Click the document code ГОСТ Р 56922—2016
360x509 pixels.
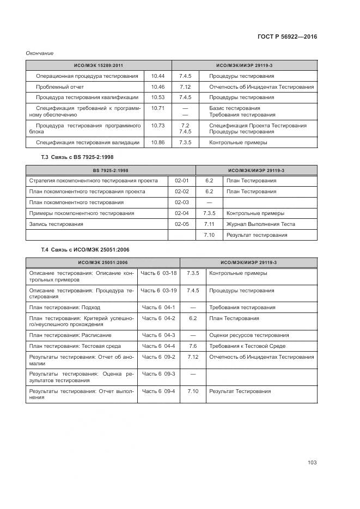coord(287,36)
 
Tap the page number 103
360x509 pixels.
coord(312,463)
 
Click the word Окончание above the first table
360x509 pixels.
coord(40,53)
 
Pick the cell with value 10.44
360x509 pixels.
coord(158,76)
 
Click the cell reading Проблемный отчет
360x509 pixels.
coord(60,87)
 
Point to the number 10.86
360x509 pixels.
coord(158,143)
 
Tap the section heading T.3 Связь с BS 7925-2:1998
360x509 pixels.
coord(77,157)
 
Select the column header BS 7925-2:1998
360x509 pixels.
coord(111,170)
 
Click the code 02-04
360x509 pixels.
coord(181,213)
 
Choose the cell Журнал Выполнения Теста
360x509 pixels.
coord(260,224)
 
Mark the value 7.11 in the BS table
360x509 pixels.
coord(209,224)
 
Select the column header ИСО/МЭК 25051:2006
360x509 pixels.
coord(102,262)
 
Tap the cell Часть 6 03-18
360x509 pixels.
coord(158,273)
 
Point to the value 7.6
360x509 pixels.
coord(192,346)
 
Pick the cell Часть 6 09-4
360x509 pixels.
coord(158,391)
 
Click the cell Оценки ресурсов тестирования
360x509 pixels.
coord(249,335)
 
